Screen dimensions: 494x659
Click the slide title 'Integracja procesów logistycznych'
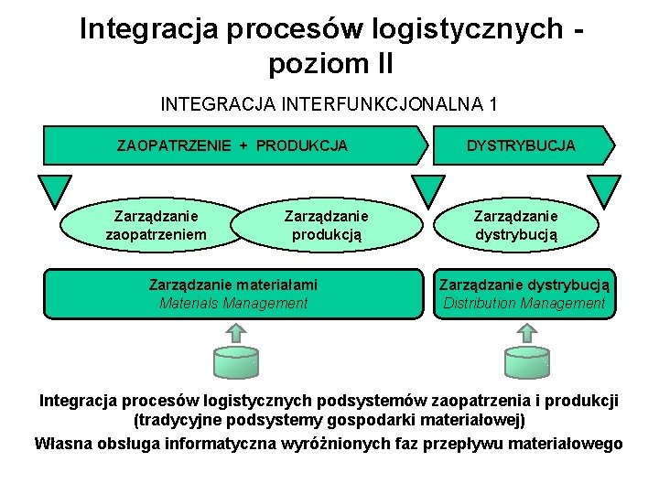(x=321, y=29)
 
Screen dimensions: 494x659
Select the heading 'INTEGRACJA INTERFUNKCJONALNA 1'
(x=329, y=103)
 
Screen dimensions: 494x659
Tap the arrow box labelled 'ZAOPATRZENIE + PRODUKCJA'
(x=232, y=145)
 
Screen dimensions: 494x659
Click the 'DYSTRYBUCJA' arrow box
(x=521, y=145)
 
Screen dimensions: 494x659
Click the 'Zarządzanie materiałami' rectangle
(x=233, y=294)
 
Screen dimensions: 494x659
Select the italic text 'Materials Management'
(x=233, y=304)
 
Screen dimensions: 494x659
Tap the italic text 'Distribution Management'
(x=524, y=304)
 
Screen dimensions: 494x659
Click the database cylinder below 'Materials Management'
(x=236, y=360)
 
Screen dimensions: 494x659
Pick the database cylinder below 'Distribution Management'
(x=527, y=360)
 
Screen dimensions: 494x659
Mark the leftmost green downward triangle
(x=55, y=189)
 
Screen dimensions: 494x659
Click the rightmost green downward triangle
(x=603, y=189)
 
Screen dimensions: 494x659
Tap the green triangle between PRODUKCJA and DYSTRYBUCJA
(x=427, y=189)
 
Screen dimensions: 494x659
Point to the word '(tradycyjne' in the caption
(x=175, y=422)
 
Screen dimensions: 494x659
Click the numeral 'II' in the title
(x=380, y=64)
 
